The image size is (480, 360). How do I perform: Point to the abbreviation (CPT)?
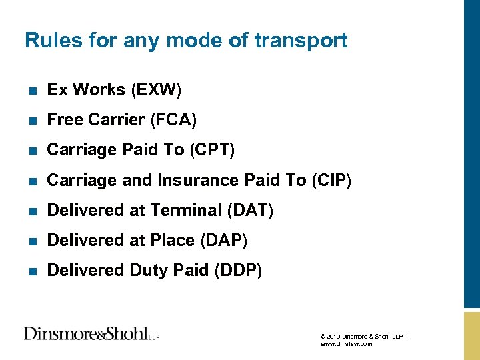pyautogui.click(x=212, y=150)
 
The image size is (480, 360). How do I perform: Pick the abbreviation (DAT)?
pyautogui.click(x=250, y=210)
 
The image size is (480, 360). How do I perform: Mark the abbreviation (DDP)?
pyautogui.click(x=238, y=270)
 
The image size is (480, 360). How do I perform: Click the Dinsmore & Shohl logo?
pyautogui.click(x=91, y=333)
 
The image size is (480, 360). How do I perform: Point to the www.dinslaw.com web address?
pyautogui.click(x=346, y=344)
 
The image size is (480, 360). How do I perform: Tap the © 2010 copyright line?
pyautogui.click(x=364, y=336)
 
